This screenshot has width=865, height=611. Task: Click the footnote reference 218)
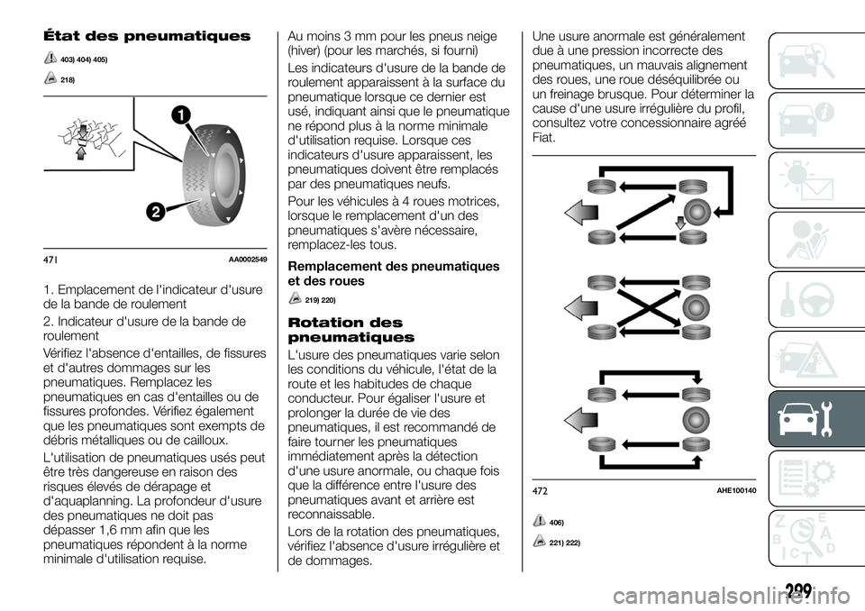pos(66,80)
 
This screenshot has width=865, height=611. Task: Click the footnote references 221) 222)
pos(566,542)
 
